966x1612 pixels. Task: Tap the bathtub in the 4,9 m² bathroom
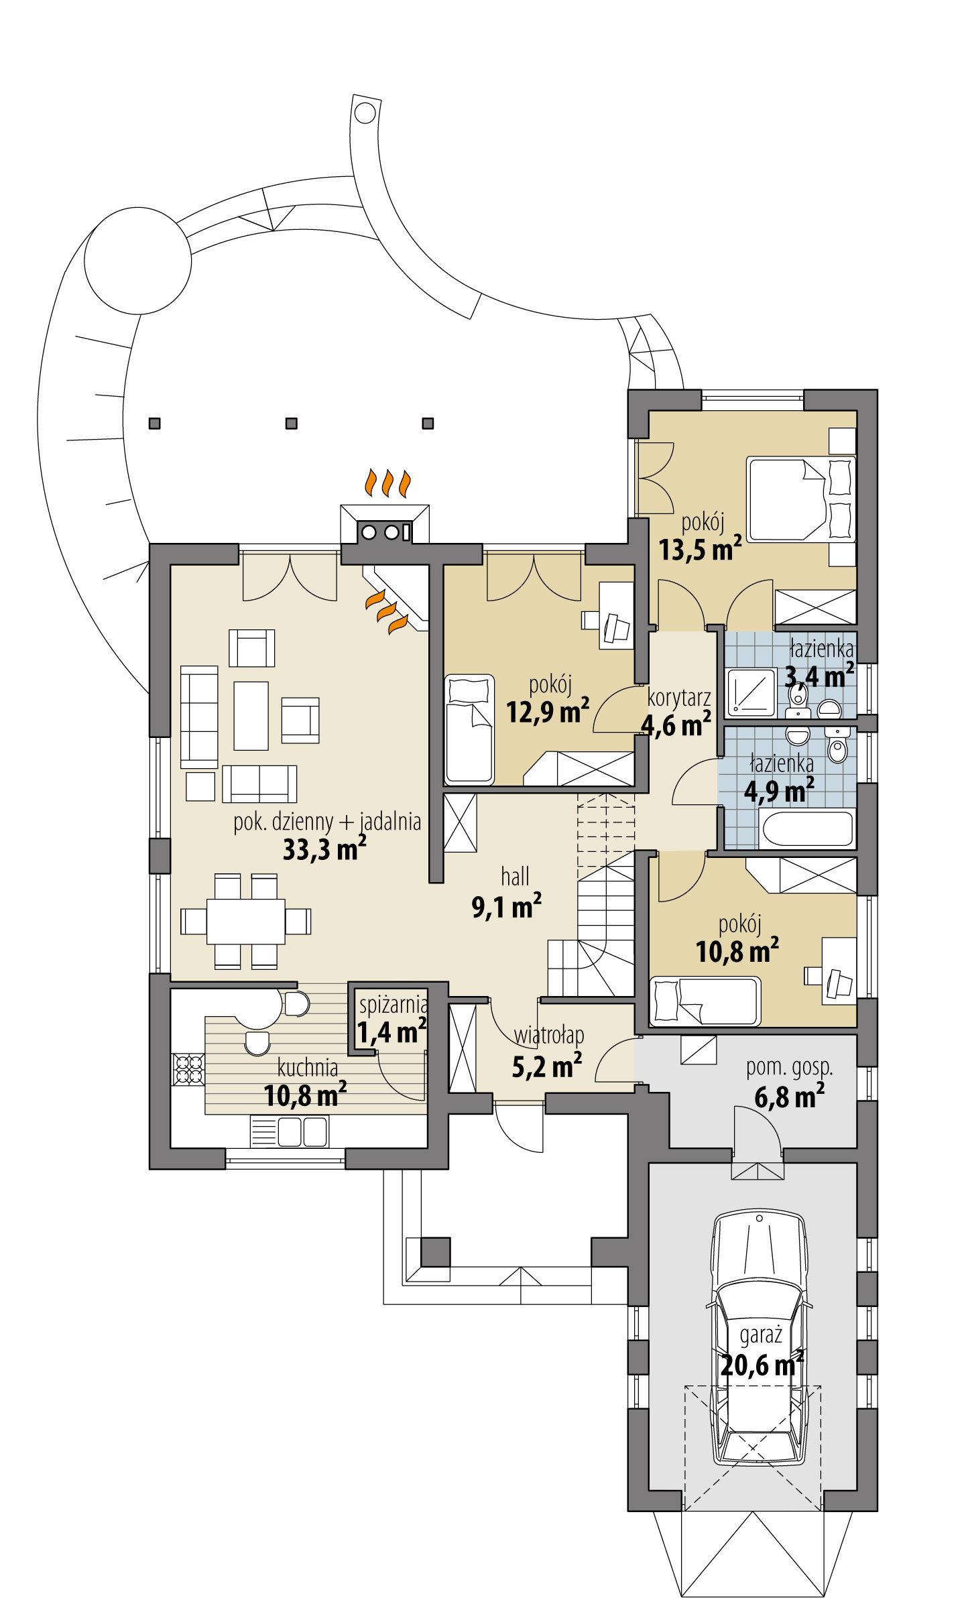[x=807, y=828]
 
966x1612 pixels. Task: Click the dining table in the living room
[x=245, y=922]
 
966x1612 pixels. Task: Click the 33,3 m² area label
[x=324, y=849]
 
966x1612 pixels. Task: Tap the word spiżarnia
[x=393, y=1005]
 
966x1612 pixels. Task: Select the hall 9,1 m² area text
[x=506, y=908]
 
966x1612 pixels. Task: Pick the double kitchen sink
[x=302, y=1132]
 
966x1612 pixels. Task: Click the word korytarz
[x=678, y=698]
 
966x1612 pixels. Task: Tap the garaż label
[x=761, y=1335]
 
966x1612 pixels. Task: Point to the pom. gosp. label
[x=789, y=1067]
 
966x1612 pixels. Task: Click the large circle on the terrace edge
[x=138, y=261]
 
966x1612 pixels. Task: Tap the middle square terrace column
[x=291, y=424]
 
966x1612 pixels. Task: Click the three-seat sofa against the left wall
[x=199, y=717]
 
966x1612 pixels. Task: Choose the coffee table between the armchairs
[x=251, y=716]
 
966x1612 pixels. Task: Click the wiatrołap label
[x=549, y=1036]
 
